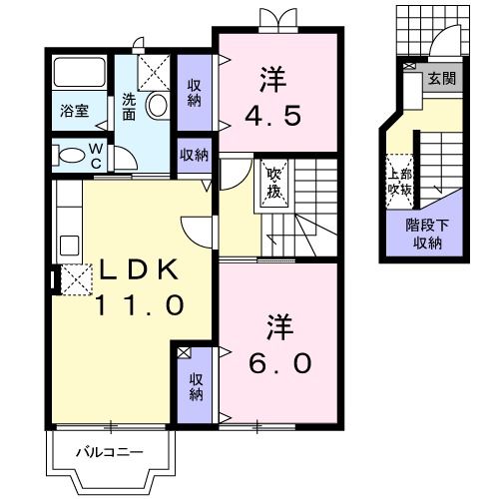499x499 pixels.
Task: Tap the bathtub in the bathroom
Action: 80,73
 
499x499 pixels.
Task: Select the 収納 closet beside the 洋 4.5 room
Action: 194,93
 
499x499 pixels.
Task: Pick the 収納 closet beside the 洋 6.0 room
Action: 194,386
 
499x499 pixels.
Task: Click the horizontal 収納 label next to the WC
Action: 194,154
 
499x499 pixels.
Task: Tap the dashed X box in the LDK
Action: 76,279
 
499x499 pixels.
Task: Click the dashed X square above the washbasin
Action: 154,71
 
